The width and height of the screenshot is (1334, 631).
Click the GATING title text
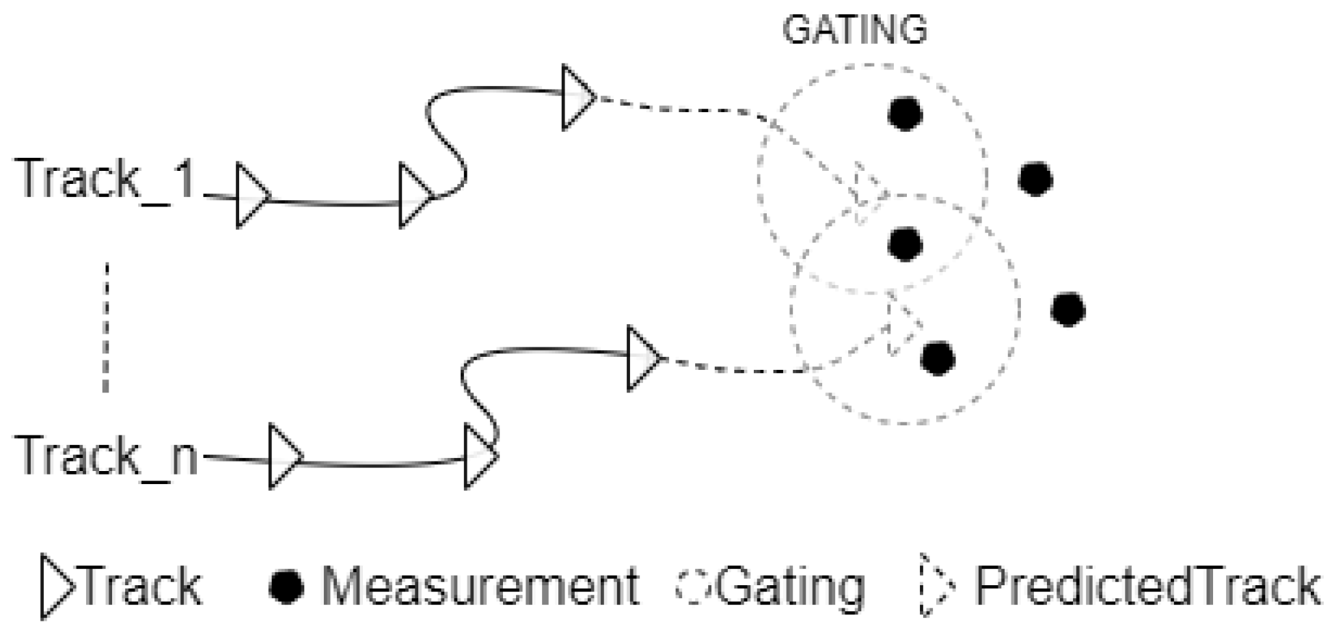[x=854, y=31]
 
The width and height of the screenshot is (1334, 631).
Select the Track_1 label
[x=106, y=179]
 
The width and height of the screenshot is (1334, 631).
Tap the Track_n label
[x=106, y=456]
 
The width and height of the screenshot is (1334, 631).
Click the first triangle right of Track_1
[x=250, y=196]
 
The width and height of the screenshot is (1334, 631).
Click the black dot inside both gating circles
[x=905, y=244]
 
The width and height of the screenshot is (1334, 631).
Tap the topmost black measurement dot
[x=905, y=113]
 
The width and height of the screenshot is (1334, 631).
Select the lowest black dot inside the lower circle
[x=938, y=358]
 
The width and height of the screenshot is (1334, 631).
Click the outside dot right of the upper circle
[x=1035, y=179]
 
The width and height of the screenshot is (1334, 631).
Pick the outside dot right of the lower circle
[x=1068, y=309]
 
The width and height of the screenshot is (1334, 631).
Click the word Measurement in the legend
[x=480, y=587]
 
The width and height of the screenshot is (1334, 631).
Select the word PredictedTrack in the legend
[x=1147, y=587]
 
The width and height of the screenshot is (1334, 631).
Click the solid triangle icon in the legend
[x=56, y=587]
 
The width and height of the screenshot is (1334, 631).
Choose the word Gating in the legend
[x=789, y=587]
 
